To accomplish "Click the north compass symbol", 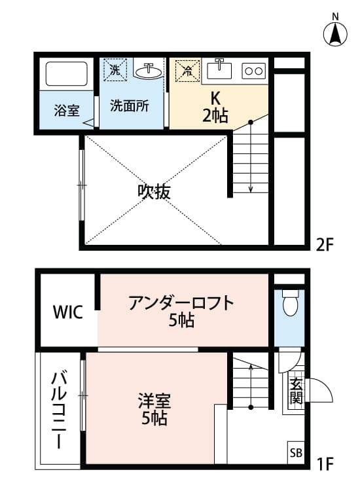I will [336, 32].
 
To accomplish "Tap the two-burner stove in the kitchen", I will [253, 69].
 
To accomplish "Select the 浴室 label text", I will [66, 110].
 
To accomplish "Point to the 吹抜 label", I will [154, 191].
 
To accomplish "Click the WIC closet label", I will [67, 312].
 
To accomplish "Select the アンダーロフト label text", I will [181, 304].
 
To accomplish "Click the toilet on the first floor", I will [289, 302].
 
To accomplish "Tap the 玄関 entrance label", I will [296, 391].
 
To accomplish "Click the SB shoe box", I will [296, 452].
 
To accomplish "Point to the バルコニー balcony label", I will [58, 409].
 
